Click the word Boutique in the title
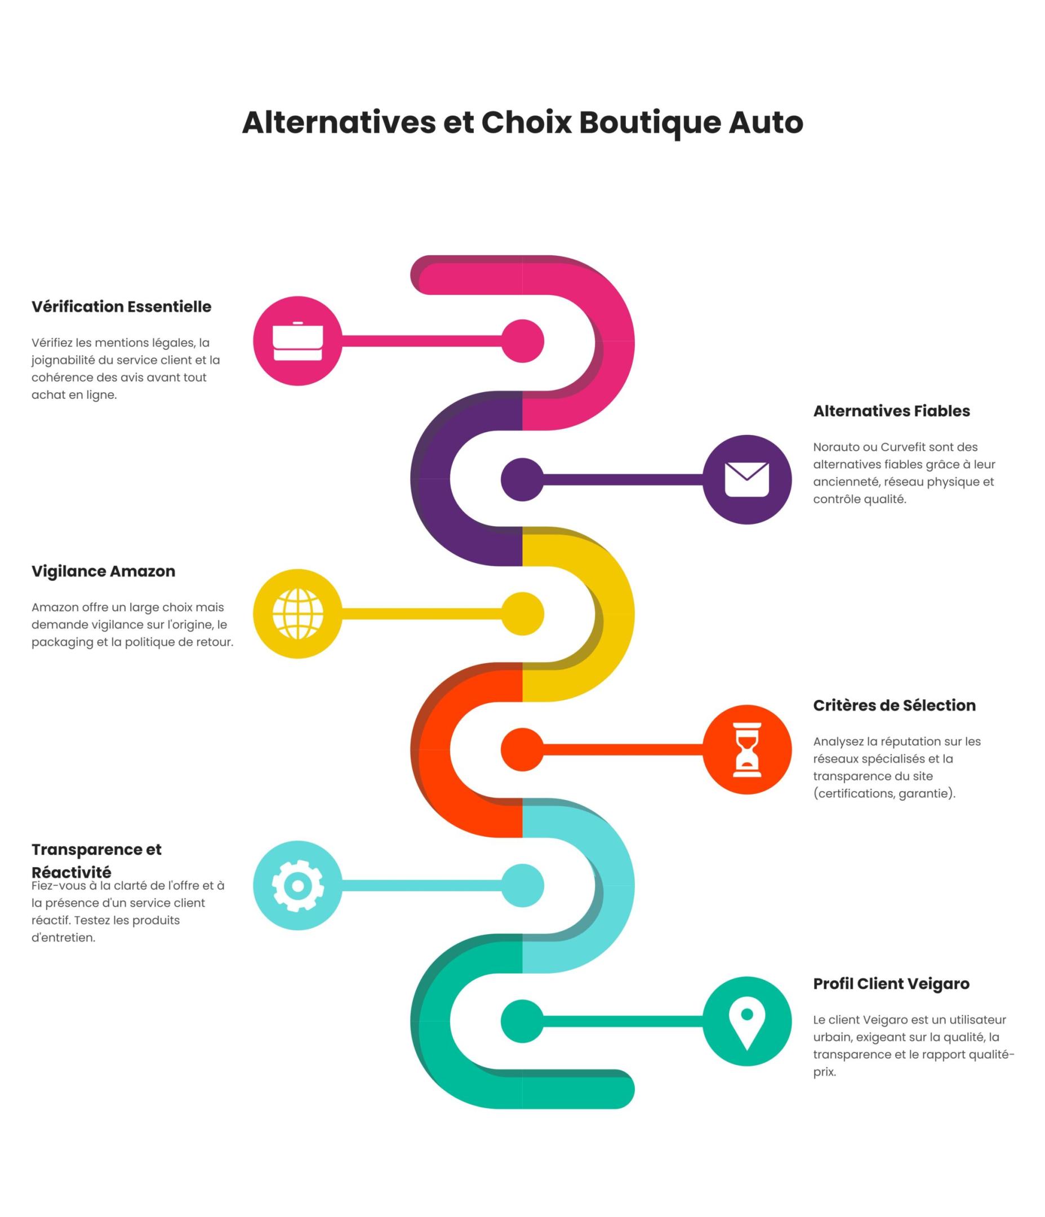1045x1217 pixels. point(649,123)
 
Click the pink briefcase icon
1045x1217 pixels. point(297,341)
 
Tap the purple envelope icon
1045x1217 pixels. point(746,479)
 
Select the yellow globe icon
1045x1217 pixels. point(297,613)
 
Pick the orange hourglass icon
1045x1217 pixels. point(746,749)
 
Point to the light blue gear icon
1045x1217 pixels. point(297,885)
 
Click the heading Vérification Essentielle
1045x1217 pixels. point(121,307)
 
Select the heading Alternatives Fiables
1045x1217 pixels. point(891,411)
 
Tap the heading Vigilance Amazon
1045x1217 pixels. point(104,571)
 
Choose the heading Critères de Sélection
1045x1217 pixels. point(893,705)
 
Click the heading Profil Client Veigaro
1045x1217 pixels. point(891,984)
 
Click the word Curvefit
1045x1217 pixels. point(902,447)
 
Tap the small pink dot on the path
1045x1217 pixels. point(522,341)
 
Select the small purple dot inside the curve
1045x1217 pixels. point(522,479)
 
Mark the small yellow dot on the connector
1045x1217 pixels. point(522,613)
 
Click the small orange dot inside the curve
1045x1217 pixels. point(522,749)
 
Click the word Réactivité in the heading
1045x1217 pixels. point(71,872)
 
